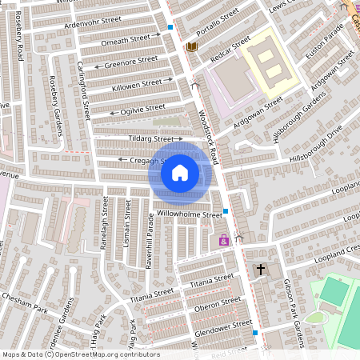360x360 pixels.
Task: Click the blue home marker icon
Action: point(180,172)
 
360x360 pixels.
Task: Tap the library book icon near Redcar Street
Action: point(191,47)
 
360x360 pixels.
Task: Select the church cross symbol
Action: point(260,270)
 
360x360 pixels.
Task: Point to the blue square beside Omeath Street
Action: point(170,28)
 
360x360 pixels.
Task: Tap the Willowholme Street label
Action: point(190,214)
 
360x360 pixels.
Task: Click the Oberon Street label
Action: point(218,304)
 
